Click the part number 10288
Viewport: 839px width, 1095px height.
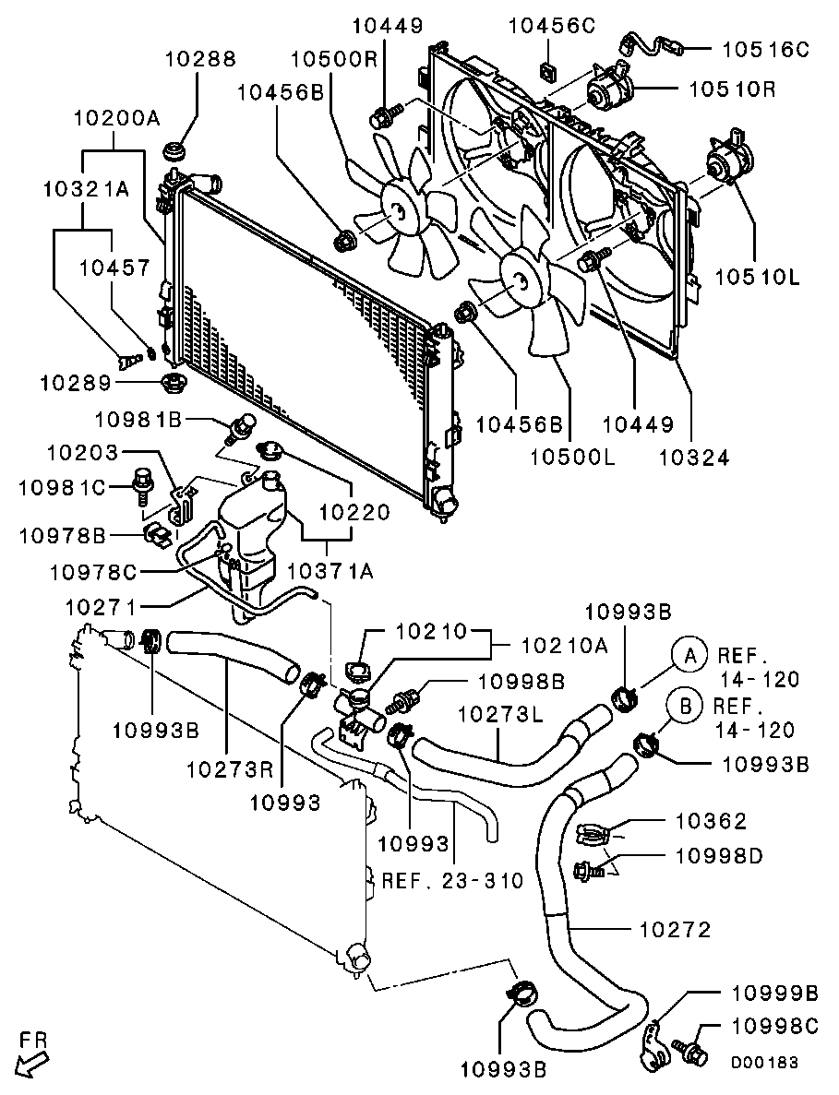pos(200,58)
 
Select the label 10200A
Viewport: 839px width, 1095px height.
pos(117,118)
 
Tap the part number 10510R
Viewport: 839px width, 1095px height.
pos(732,89)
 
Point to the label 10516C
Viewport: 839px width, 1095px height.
pos(765,49)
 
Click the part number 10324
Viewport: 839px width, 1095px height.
pos(694,458)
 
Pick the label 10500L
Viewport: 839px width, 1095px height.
pos(573,458)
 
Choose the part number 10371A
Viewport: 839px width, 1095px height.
pos(330,571)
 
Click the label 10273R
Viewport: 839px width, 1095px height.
pos(229,769)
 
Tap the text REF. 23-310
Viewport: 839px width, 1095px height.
pos(452,881)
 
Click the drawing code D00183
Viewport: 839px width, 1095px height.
pos(764,1063)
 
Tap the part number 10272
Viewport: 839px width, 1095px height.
pos(675,930)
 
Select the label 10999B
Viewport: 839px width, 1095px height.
pos(774,993)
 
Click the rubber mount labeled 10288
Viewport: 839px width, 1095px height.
pos(173,151)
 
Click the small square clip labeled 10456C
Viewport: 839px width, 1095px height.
pos(548,68)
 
